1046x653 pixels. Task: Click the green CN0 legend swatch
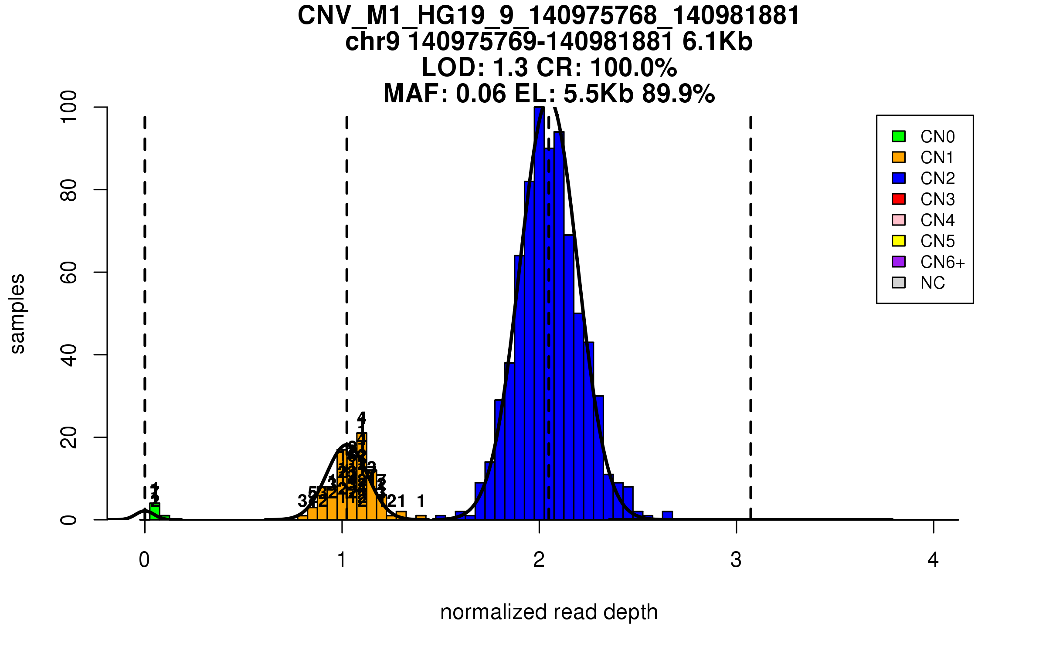899,136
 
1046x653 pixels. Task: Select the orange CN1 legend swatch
899,157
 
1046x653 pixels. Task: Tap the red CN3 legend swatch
899,199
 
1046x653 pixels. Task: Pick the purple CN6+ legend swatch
899,262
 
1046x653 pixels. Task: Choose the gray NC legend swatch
899,283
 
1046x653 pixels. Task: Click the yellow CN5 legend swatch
899,241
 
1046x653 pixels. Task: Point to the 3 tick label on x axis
736,560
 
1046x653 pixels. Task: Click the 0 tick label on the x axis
144,560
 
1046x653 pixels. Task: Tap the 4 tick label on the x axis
933,560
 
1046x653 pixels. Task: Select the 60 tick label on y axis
69,273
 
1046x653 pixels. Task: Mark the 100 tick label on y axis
69,107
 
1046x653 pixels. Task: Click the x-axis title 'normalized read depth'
549,612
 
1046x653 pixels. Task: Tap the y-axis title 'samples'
17,313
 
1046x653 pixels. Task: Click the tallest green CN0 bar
155,512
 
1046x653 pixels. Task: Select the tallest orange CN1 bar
362,477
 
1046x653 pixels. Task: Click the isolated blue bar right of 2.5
667,515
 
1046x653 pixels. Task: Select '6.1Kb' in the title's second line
717,42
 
